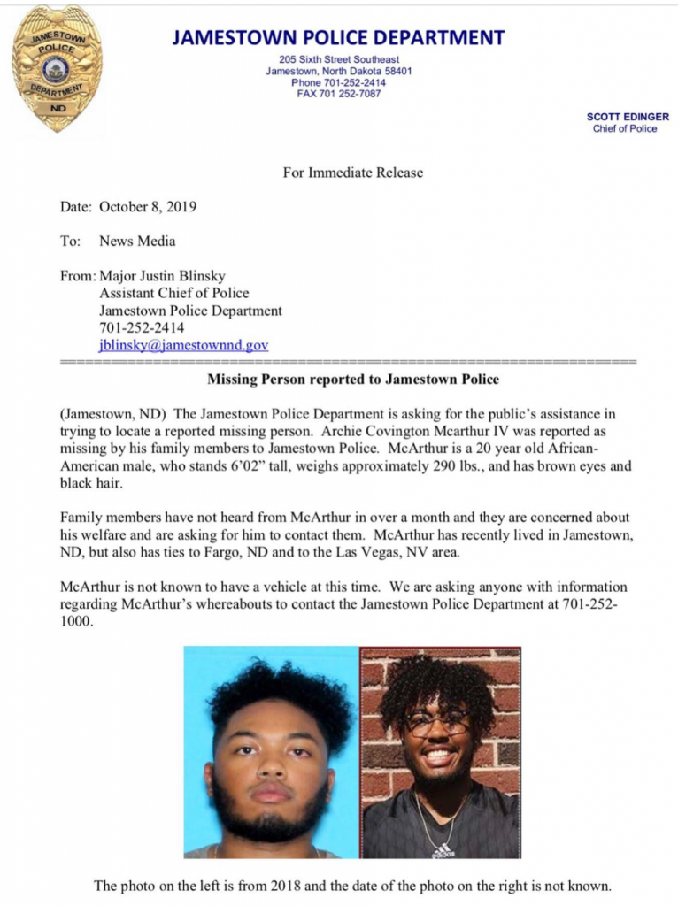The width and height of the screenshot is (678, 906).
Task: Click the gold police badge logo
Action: coord(57,69)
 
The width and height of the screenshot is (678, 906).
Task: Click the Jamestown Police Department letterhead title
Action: coord(338,38)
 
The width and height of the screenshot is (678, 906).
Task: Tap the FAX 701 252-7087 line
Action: coord(338,94)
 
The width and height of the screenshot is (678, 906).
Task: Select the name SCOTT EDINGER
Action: coord(628,117)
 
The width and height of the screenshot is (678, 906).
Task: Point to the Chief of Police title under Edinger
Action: coord(625,129)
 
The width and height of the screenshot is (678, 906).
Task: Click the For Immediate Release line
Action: coord(352,173)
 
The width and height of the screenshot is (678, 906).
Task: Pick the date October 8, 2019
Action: coord(148,207)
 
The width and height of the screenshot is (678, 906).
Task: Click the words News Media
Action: coord(137,241)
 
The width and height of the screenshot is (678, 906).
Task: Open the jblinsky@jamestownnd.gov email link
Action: coord(183,345)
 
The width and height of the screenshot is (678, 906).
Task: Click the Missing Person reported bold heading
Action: coord(352,380)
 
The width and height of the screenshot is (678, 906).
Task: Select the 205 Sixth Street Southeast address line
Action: coord(338,59)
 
